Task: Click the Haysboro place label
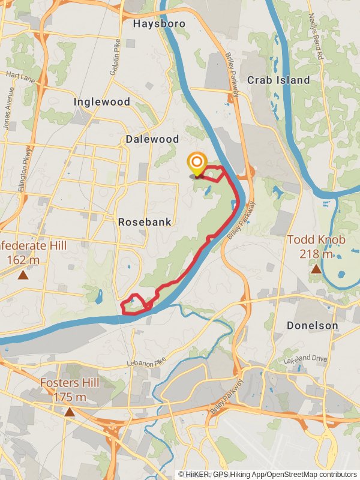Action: tap(159, 24)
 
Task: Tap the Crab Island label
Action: tap(278, 80)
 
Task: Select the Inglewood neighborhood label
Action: tap(101, 102)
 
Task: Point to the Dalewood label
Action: tap(152, 139)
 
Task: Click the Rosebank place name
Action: tap(145, 222)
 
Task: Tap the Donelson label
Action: tap(312, 325)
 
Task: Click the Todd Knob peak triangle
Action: tap(316, 269)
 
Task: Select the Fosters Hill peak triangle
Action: tap(70, 412)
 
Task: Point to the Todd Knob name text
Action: tap(316, 240)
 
